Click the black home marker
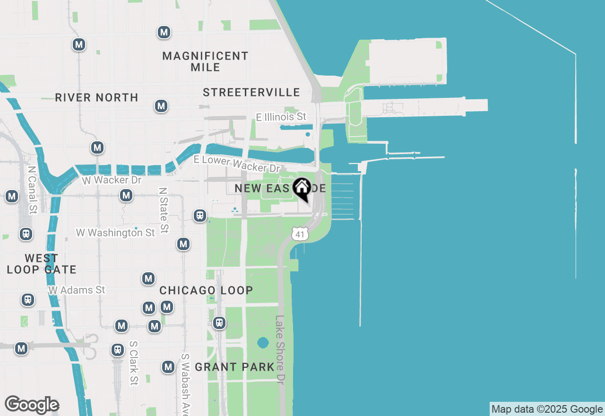[302, 189]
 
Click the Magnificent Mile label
[205, 61]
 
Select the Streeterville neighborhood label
[251, 92]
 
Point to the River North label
[96, 97]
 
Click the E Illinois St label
[281, 116]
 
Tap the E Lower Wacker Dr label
[237, 164]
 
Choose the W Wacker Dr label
[111, 180]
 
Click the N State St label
[164, 210]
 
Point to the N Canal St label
[32, 189]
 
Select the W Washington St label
[115, 233]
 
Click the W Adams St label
[77, 290]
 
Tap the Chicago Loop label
[206, 290]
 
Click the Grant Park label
[234, 367]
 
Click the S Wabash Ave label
[185, 383]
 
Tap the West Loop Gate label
[42, 264]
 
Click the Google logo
[32, 405]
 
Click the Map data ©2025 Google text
[547, 409]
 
